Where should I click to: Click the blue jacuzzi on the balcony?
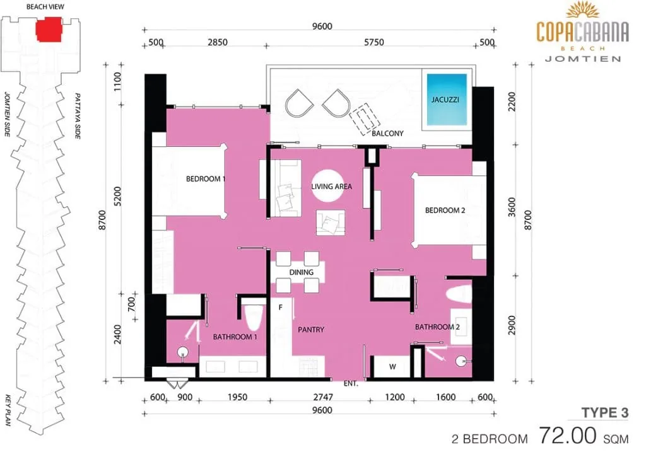click(x=447, y=99)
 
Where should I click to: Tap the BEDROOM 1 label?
click(x=206, y=179)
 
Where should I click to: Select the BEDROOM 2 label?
click(x=445, y=211)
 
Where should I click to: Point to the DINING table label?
click(x=301, y=272)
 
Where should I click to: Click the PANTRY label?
click(x=311, y=330)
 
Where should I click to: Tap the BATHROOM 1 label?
click(x=235, y=337)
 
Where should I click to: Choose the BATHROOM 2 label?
click(x=437, y=327)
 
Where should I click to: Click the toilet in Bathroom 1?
click(x=253, y=318)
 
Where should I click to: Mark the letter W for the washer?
click(x=392, y=366)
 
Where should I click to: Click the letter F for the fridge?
click(x=281, y=307)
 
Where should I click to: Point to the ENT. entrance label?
click(x=351, y=384)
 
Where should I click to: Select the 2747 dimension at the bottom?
click(x=323, y=397)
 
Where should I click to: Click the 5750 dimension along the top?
click(x=373, y=42)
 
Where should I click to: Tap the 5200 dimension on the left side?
click(x=118, y=197)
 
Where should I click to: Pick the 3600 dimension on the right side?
click(x=512, y=207)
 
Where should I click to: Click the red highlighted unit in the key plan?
click(x=49, y=29)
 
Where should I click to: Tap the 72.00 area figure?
click(x=568, y=435)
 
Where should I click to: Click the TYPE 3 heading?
click(x=605, y=412)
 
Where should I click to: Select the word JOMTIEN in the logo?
click(x=583, y=59)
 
